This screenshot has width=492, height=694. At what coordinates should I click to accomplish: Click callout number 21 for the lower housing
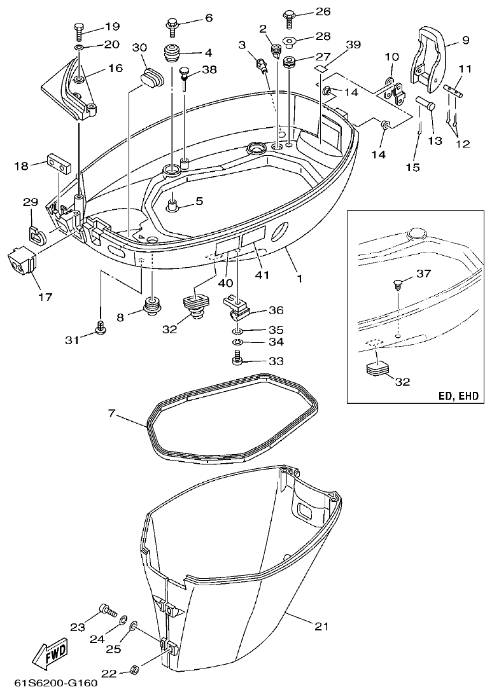click(321, 626)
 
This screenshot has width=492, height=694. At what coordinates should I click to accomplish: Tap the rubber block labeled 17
click(20, 261)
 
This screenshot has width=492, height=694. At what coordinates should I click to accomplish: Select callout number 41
click(261, 275)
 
